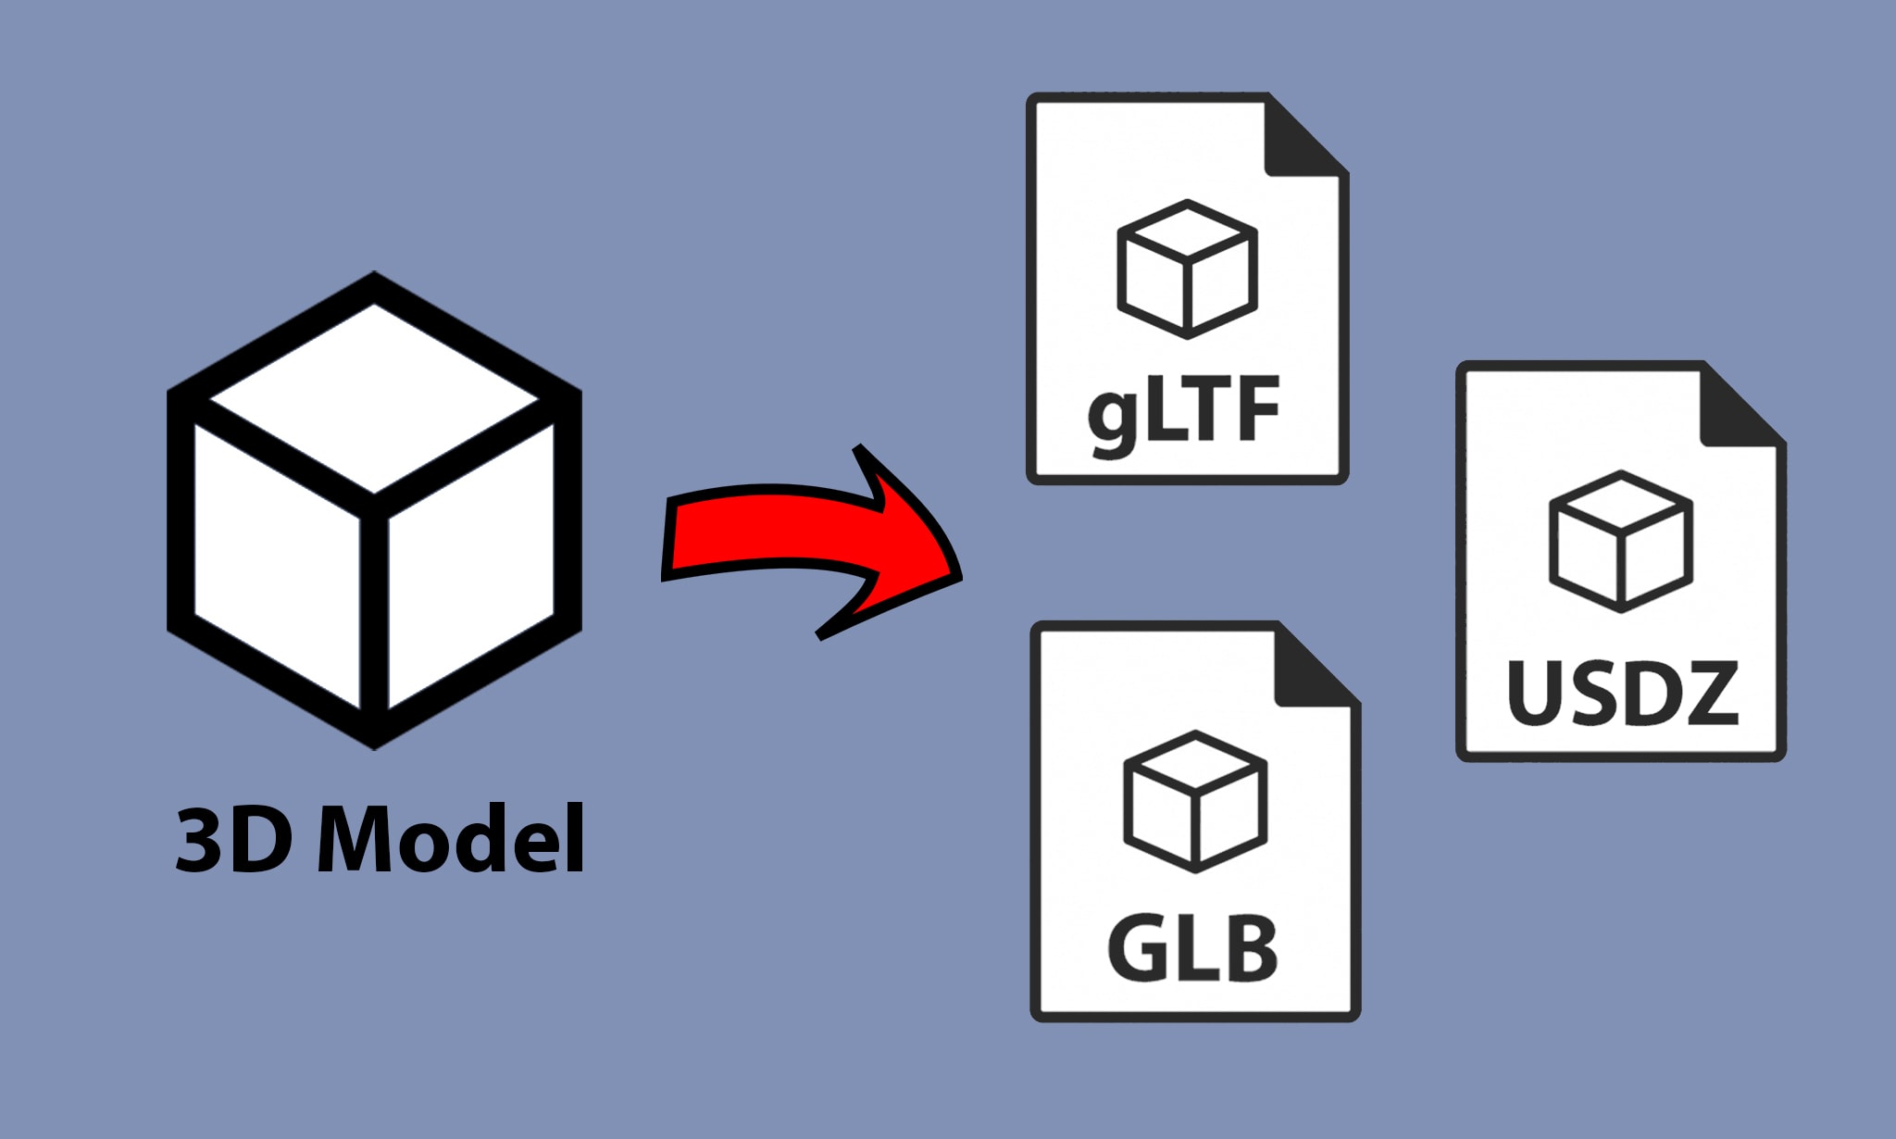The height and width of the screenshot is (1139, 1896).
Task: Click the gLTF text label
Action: (x=1183, y=412)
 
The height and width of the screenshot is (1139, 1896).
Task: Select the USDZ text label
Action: (x=1623, y=692)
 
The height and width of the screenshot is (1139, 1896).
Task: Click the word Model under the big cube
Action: (x=451, y=839)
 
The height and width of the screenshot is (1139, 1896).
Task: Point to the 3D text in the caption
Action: (x=234, y=839)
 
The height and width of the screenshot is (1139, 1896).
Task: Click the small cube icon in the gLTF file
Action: (x=1188, y=269)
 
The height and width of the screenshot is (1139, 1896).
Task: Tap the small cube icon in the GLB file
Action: (x=1195, y=801)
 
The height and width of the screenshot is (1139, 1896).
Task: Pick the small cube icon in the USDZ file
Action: (x=1621, y=542)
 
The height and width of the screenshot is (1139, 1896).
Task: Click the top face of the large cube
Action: (x=374, y=398)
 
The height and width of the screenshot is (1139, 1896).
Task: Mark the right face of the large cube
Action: (x=470, y=565)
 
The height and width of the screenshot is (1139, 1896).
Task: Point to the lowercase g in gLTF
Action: (x=1114, y=419)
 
